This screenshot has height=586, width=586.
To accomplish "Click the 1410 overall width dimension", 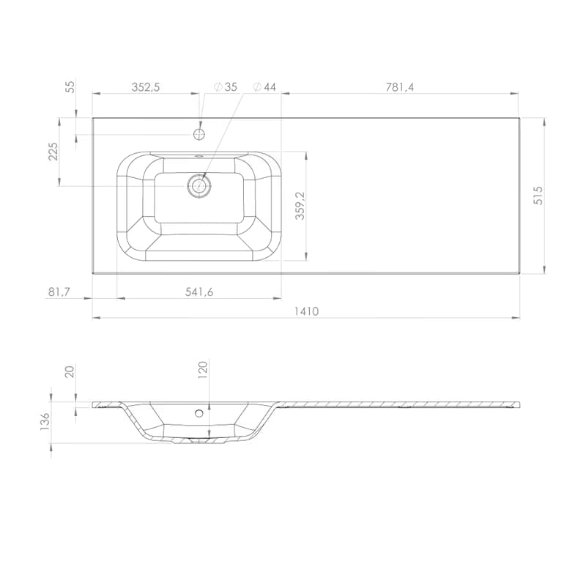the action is pyautogui.click(x=306, y=311).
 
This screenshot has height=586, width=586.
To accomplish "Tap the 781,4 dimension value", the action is pyautogui.click(x=400, y=87).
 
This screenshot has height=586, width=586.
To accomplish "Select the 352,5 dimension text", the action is pyautogui.click(x=145, y=87).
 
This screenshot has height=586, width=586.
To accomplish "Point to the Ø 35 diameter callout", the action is pyautogui.click(x=226, y=87).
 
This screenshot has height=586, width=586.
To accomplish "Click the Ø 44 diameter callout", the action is pyautogui.click(x=264, y=87).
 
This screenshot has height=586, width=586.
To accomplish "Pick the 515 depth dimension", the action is pyautogui.click(x=538, y=195).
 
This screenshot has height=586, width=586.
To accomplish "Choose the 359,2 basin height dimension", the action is pyautogui.click(x=300, y=206).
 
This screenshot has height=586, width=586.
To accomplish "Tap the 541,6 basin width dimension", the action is pyautogui.click(x=199, y=292).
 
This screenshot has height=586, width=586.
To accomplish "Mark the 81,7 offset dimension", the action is pyautogui.click(x=59, y=292).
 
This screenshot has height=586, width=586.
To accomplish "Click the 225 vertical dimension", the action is pyautogui.click(x=53, y=151).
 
